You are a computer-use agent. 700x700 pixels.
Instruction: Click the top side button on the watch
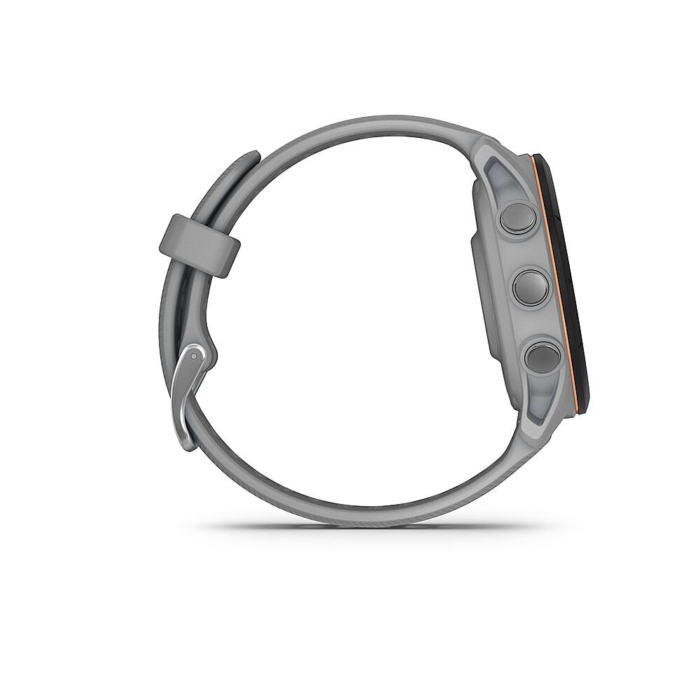click(x=518, y=218)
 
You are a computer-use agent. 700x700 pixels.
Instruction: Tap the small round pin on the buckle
click(x=193, y=356)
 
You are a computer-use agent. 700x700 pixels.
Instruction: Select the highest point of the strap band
click(x=371, y=121)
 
